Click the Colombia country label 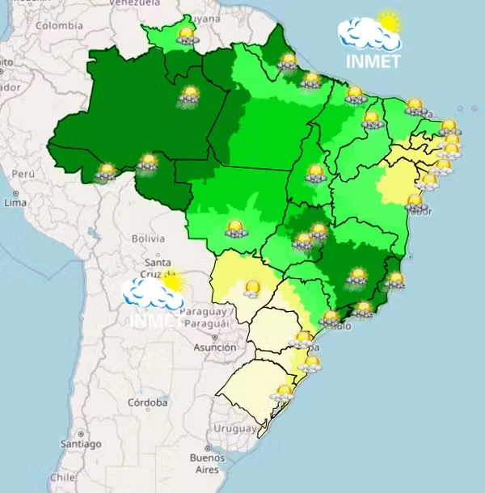(x=58, y=25)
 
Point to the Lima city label (x=15, y=203)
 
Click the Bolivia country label (x=148, y=238)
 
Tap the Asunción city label (x=215, y=348)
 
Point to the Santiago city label (x=80, y=444)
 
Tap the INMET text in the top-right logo (x=373, y=61)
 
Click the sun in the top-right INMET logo (x=390, y=22)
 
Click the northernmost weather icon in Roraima (x=187, y=35)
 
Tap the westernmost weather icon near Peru (x=107, y=171)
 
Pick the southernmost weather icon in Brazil (x=282, y=393)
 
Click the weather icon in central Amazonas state (x=190, y=95)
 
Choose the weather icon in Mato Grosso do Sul (x=252, y=289)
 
